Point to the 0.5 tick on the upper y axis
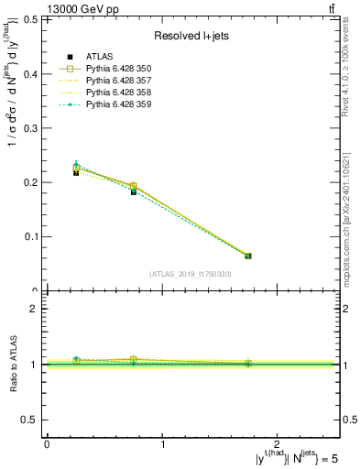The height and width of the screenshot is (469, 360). (33, 19)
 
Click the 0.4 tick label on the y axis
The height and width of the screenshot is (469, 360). (33, 73)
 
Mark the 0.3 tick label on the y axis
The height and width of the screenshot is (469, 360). (33, 128)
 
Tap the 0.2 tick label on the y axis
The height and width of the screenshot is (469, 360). (33, 182)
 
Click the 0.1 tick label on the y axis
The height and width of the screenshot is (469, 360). (33, 236)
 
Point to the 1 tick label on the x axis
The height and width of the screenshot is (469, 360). (162, 443)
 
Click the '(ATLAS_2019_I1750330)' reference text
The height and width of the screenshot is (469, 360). (191, 274)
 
